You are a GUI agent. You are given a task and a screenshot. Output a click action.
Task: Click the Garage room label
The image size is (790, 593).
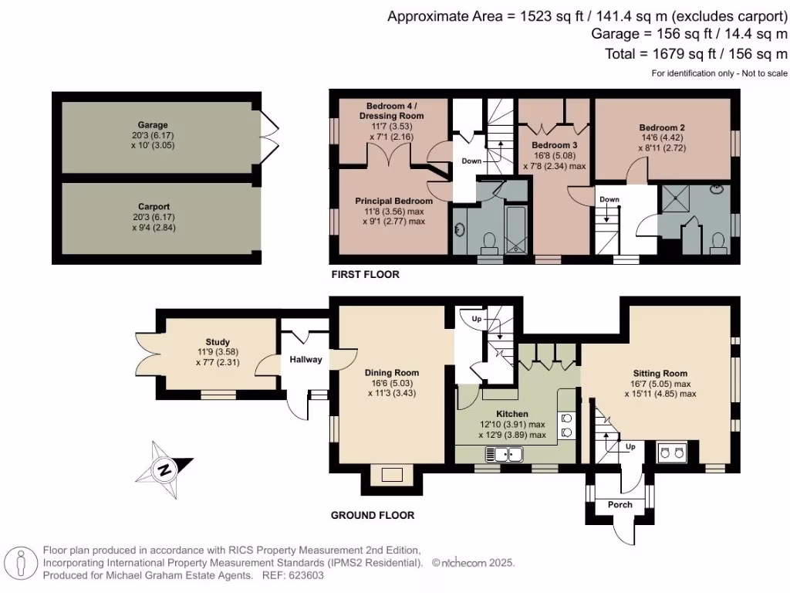point(153,125)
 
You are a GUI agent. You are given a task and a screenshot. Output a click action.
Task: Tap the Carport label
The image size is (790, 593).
point(153,207)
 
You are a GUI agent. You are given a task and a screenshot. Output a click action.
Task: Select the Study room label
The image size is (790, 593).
point(218,342)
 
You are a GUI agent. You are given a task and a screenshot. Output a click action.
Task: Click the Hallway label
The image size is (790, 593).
point(306,360)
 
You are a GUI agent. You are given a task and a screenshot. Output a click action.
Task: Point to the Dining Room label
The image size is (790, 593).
point(391,371)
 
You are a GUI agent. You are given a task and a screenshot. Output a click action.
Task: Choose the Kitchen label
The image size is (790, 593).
point(511,414)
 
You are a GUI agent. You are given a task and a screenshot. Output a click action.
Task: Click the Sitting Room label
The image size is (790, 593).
point(660,372)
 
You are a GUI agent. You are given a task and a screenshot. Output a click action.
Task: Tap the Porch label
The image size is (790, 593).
point(620,505)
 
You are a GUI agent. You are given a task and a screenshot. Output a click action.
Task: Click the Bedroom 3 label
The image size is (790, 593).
point(555,144)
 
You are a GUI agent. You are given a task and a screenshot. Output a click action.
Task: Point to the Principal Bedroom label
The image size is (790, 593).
point(393,201)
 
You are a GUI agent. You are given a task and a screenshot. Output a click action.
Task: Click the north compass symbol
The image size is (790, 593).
point(164,468)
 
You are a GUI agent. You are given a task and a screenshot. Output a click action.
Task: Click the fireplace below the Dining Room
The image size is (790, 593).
point(392,476)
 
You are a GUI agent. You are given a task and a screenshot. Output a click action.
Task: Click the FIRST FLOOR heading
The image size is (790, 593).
point(365,275)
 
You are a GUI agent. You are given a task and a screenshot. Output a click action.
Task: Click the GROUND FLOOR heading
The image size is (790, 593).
point(373,515)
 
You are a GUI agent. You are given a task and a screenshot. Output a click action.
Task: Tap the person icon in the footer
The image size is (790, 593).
point(22,563)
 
